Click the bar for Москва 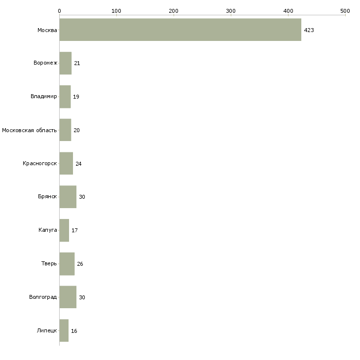click(x=180, y=30)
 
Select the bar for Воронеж click(x=66, y=63)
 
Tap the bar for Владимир click(x=65, y=97)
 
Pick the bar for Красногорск click(x=66, y=164)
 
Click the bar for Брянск click(x=68, y=197)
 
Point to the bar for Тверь click(x=67, y=264)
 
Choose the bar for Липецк click(x=64, y=331)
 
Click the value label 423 click(x=309, y=31)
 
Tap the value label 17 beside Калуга click(x=74, y=231)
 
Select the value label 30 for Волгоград click(x=82, y=297)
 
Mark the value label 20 click(x=76, y=130)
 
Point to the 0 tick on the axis click(x=59, y=10)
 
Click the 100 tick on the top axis click(x=116, y=10)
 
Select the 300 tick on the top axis click(x=231, y=10)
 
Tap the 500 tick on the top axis click(x=345, y=10)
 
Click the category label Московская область click(x=29, y=130)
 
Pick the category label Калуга click(x=47, y=230)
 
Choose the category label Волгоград click(x=43, y=297)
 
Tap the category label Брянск click(x=47, y=197)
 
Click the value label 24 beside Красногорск click(x=78, y=164)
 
